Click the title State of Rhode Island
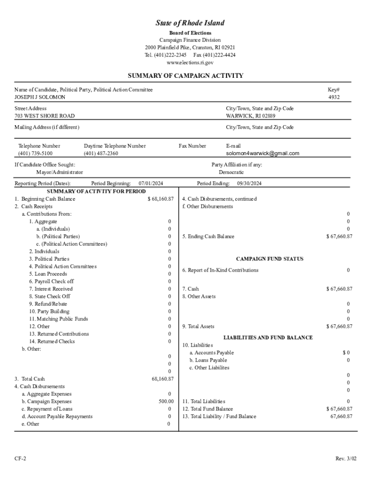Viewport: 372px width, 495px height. [190, 23]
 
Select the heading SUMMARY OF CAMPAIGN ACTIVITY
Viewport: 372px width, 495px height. [186, 76]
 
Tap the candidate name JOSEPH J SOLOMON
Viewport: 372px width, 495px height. [40, 97]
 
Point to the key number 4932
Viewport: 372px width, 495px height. [334, 97]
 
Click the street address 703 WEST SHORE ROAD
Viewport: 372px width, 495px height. [44, 116]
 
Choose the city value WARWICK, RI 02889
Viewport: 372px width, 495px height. [251, 116]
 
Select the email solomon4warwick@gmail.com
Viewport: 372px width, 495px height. [263, 153]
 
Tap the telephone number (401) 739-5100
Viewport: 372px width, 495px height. [35, 153]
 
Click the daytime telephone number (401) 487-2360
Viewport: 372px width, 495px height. [100, 153]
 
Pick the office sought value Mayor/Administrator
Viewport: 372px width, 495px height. [59, 172]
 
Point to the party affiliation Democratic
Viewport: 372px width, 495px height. [231, 172]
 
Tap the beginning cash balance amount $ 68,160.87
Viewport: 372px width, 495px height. [160, 199]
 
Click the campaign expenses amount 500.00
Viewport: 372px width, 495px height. [166, 401]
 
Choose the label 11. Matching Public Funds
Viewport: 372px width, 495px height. [58, 319]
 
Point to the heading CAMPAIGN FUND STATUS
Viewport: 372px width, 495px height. [270, 259]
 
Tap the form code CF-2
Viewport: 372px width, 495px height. [20, 458]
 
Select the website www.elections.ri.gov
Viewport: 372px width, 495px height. [190, 63]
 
